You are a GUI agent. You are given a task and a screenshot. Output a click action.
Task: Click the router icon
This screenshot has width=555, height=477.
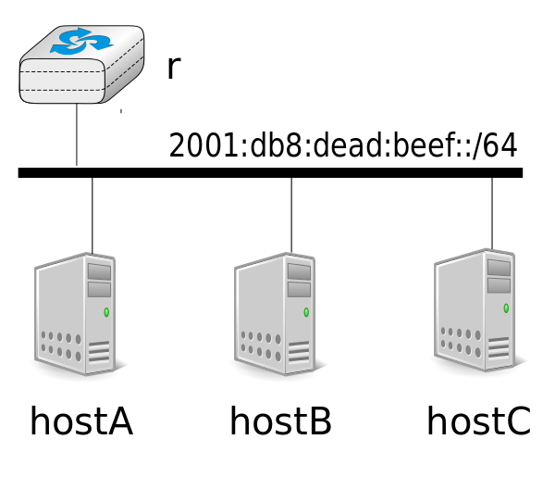coord(81,65)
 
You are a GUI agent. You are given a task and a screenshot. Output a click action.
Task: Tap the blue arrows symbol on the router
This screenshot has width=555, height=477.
coord(81,42)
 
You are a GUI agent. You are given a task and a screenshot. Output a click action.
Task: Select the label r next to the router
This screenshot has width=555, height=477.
coord(174,68)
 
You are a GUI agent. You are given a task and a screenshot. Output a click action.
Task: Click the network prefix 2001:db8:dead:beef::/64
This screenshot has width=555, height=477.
coord(343,144)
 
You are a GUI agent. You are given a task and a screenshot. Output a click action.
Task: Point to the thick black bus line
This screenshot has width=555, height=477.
coord(270,172)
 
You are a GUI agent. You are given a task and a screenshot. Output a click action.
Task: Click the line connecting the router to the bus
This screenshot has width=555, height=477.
coord(77,135)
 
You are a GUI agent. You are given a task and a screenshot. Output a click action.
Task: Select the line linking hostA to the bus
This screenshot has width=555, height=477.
coord(92,216)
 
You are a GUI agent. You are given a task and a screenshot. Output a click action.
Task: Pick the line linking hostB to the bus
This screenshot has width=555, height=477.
coord(291,215)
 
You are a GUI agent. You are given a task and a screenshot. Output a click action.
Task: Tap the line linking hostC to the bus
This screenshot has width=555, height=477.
coord(492,213)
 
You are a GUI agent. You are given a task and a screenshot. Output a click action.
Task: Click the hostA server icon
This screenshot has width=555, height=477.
coord(76,314)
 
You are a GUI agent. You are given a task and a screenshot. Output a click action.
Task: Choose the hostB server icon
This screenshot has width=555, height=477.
coord(275,314)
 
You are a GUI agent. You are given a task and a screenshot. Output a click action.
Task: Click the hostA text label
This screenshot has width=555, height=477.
coord(81,421)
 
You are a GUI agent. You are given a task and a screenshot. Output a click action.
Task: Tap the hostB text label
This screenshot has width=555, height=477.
coord(280,421)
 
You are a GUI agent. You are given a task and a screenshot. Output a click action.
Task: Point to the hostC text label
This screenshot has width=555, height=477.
coord(479,421)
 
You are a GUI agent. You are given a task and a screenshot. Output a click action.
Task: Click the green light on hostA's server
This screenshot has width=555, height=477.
coord(106,312)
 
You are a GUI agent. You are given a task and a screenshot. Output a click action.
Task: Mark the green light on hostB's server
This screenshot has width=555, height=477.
coord(306,312)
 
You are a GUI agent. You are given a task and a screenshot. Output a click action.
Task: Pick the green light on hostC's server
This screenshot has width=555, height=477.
coord(506,308)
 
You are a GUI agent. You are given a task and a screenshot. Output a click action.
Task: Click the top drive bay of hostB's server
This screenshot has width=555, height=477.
coord(299,271)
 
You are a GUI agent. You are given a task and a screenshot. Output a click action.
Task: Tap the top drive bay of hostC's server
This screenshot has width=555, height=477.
coord(499,268)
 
